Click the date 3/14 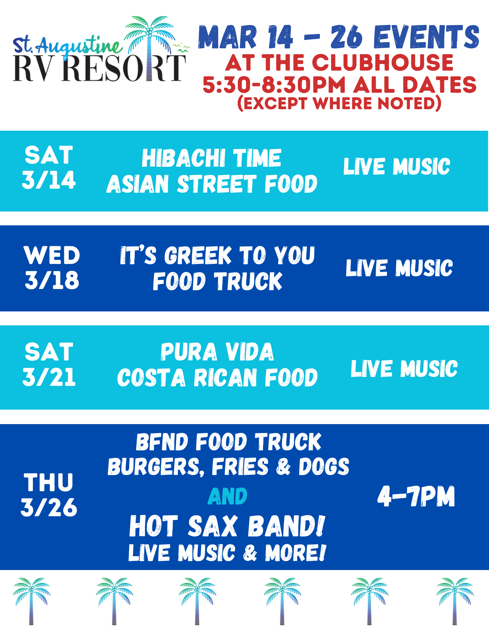tap(49, 180)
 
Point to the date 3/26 tap(49, 508)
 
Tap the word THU tap(49, 483)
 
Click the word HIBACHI tap(184, 158)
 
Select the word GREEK tap(198, 255)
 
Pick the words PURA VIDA tap(217, 352)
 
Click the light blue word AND tap(228, 496)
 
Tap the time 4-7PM tap(416, 496)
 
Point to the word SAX tap(213, 526)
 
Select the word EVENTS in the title tap(427, 37)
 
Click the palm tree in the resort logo tap(150, 41)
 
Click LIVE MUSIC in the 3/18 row tap(399, 268)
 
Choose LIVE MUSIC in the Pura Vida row tap(404, 369)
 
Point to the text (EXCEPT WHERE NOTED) tap(339, 103)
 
